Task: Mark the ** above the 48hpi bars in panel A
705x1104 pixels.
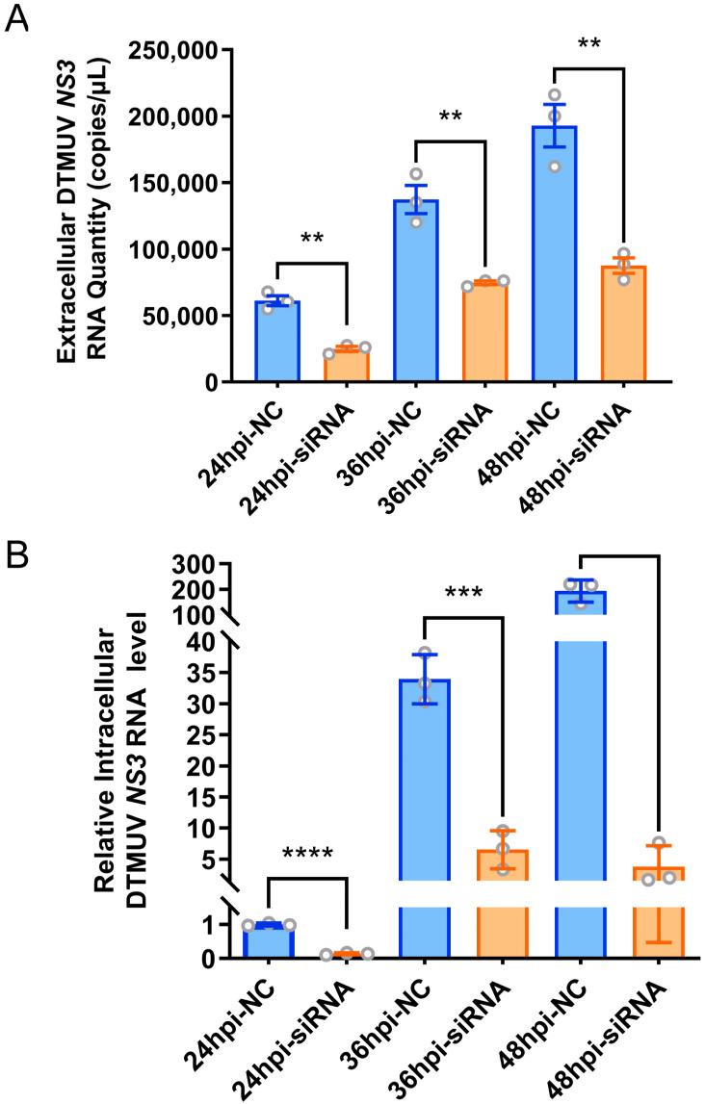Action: click(589, 44)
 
